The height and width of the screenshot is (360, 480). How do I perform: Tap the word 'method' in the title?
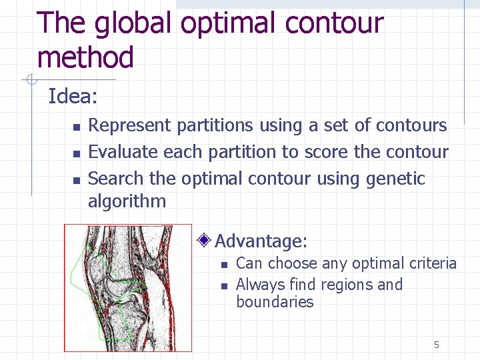click(85, 57)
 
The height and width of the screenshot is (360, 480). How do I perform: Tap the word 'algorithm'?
click(127, 201)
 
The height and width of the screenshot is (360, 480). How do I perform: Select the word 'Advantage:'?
click(261, 241)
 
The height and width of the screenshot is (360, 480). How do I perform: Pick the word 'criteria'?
click(431, 264)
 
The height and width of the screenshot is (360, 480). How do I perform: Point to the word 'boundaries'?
click(275, 302)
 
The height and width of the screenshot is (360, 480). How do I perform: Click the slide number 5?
click(437, 345)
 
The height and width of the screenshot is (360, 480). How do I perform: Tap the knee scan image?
click(127, 287)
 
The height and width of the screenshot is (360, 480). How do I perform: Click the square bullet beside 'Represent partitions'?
click(76, 126)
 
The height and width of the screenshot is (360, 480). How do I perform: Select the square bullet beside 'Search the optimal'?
click(76, 179)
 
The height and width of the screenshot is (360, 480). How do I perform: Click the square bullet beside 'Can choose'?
click(224, 265)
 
